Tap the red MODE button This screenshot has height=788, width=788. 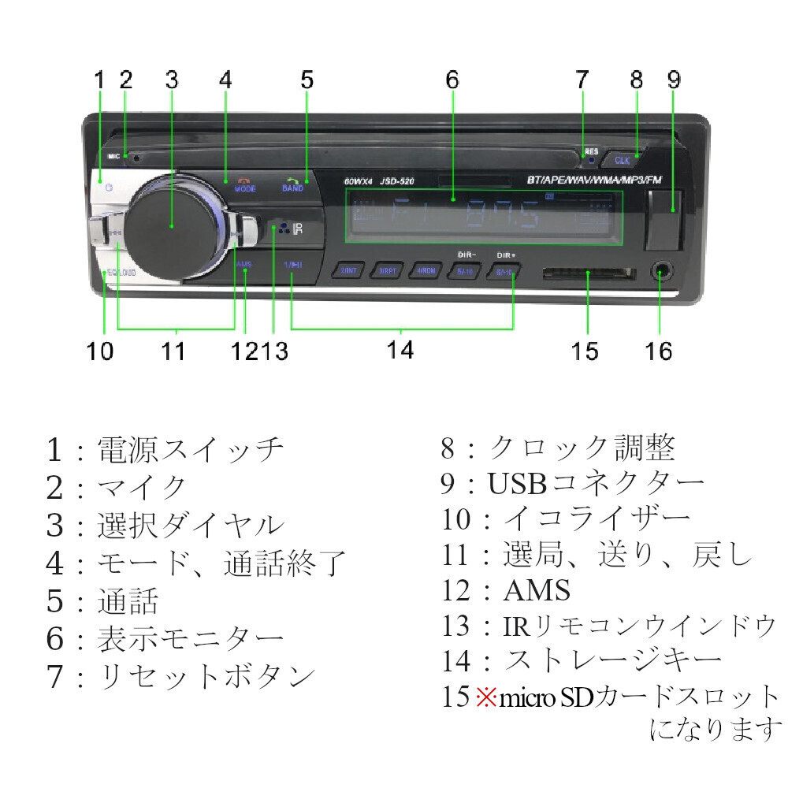tap(243, 186)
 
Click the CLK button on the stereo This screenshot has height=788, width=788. tap(623, 159)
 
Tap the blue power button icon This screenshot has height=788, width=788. tap(109, 188)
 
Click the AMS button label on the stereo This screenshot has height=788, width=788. tap(244, 264)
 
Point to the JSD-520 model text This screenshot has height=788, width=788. tap(397, 182)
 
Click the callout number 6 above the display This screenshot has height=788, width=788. tap(452, 80)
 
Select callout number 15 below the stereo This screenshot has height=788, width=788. tap(585, 351)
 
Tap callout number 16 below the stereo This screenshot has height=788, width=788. tap(659, 351)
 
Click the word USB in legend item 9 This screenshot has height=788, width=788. tap(512, 483)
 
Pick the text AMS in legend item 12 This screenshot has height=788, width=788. tap(536, 590)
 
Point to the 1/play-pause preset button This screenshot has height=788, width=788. tap(292, 266)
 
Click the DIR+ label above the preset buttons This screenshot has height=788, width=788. tap(505, 256)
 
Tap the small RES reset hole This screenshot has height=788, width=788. tap(589, 160)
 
